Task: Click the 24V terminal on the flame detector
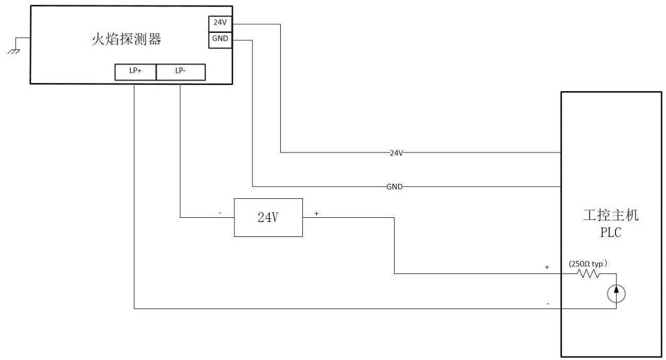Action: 217,24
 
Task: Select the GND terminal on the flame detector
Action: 217,40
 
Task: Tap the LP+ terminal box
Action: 135,73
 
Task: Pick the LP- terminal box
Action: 180,73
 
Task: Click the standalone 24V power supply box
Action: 268,217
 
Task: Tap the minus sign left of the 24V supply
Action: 220,212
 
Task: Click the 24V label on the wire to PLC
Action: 396,153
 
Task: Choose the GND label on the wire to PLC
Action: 394,187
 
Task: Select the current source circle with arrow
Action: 617,294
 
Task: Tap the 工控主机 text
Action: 610,216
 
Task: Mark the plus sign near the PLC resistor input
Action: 548,268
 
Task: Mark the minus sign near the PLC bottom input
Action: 548,304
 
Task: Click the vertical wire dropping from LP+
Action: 134,196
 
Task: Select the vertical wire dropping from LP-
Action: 180,149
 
